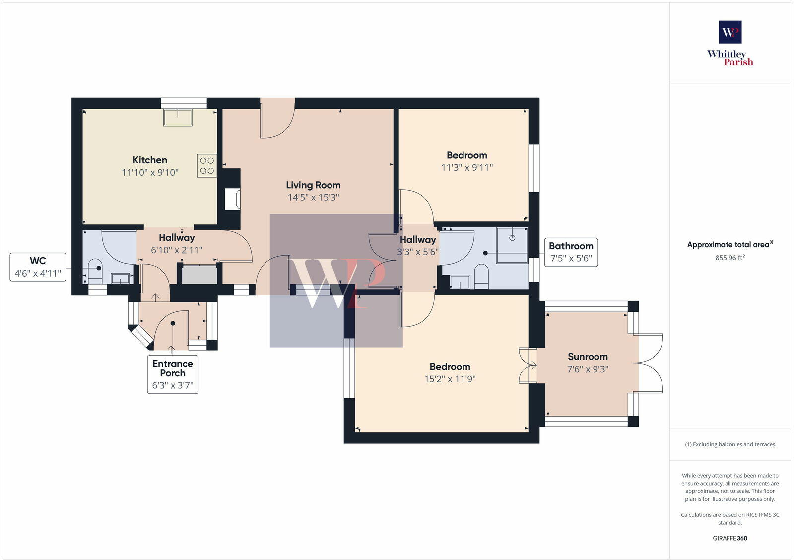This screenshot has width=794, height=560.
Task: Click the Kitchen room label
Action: (150, 160)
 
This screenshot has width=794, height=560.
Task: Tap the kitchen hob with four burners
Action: (207, 166)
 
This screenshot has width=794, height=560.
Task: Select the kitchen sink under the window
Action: (178, 117)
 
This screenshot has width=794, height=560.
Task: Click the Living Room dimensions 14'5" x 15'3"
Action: (313, 197)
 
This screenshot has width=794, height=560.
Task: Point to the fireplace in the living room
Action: (233, 199)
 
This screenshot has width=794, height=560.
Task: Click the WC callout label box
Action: (38, 267)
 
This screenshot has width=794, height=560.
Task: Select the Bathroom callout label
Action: (571, 252)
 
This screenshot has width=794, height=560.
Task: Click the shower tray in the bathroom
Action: (512, 245)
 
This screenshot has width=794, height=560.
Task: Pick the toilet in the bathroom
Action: (481, 276)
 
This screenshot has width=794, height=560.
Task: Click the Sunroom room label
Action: (588, 357)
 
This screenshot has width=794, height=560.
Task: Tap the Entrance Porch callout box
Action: (173, 374)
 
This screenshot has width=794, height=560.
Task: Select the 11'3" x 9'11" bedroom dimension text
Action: (467, 167)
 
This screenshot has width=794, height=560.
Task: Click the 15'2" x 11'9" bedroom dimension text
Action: (450, 379)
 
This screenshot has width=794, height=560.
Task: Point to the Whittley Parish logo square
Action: (730, 32)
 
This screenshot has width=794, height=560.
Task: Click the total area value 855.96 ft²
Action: (730, 258)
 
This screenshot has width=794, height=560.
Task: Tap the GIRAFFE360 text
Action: (730, 538)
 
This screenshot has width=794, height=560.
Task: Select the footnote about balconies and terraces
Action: (730, 444)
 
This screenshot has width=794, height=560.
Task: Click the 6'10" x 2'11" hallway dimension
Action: (177, 250)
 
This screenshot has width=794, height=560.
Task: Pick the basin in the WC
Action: (120, 279)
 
